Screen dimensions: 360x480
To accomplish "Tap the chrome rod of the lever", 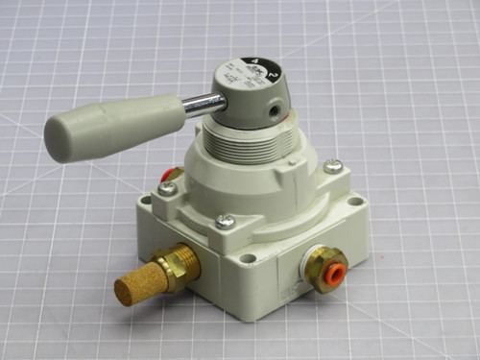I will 204,104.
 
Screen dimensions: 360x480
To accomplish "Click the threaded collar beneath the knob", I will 258,153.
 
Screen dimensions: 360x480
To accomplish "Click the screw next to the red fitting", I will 167,188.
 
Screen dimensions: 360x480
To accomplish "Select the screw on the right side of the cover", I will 333,166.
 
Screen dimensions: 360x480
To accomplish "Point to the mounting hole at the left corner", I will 145,202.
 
